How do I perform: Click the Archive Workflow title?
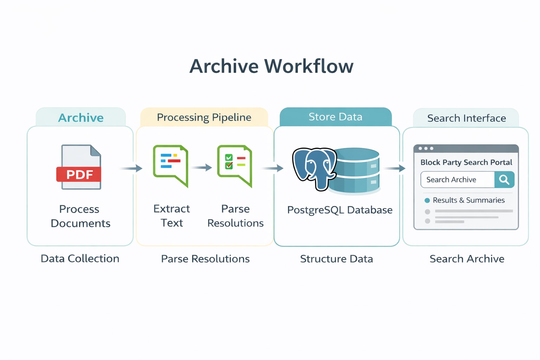271,66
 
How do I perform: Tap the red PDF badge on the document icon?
79,174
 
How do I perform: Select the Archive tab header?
81,117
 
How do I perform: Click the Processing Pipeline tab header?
204,117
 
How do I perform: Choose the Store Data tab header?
336,117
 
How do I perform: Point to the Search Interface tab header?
466,118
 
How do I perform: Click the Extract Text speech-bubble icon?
171,166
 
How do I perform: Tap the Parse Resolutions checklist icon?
235,166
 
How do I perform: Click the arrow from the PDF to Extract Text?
131,168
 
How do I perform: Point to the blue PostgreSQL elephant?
314,168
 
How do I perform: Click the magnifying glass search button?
504,180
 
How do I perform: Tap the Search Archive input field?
457,180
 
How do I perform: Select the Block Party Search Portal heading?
466,162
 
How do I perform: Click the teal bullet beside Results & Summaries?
427,200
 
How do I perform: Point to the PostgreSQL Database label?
340,210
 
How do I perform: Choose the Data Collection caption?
80,258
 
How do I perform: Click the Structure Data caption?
336,259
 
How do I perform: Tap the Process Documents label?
80,216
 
